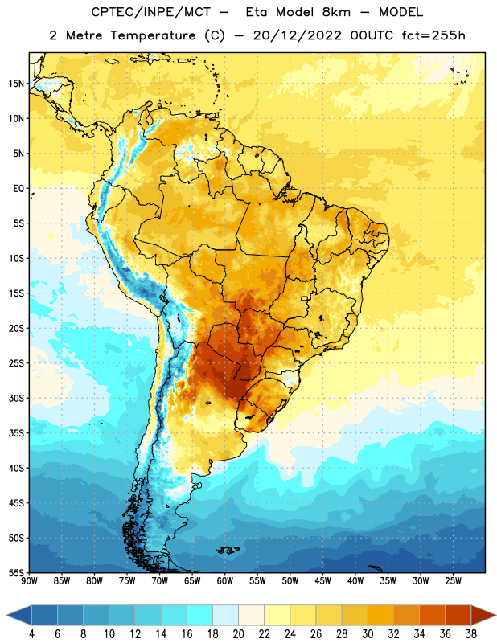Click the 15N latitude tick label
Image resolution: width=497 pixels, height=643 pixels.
pos(16,84)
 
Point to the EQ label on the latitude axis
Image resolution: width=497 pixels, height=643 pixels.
pos(18,189)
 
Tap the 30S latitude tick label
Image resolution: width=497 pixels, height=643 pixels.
pos(16,398)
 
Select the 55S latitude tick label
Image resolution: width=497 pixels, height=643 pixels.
pos(16,573)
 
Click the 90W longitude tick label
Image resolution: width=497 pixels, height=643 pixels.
pos(29,581)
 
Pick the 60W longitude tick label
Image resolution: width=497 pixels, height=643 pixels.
pos(225,581)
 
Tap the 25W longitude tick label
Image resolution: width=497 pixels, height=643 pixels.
pos(453,581)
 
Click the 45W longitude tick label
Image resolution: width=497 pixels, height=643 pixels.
pos(322,581)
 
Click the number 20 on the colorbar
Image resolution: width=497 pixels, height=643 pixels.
pos(238,634)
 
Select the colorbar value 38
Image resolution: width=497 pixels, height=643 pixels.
pos(471,634)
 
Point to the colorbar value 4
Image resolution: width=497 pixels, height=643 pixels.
pos(31,634)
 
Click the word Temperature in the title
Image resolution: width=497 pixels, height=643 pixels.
pos(153,35)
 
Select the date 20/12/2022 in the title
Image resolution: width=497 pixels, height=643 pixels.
pos(297,35)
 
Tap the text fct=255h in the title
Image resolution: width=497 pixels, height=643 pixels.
pos(433,35)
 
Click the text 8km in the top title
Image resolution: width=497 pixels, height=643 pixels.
pos(336,12)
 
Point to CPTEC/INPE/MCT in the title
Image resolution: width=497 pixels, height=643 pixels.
pos(151,12)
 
